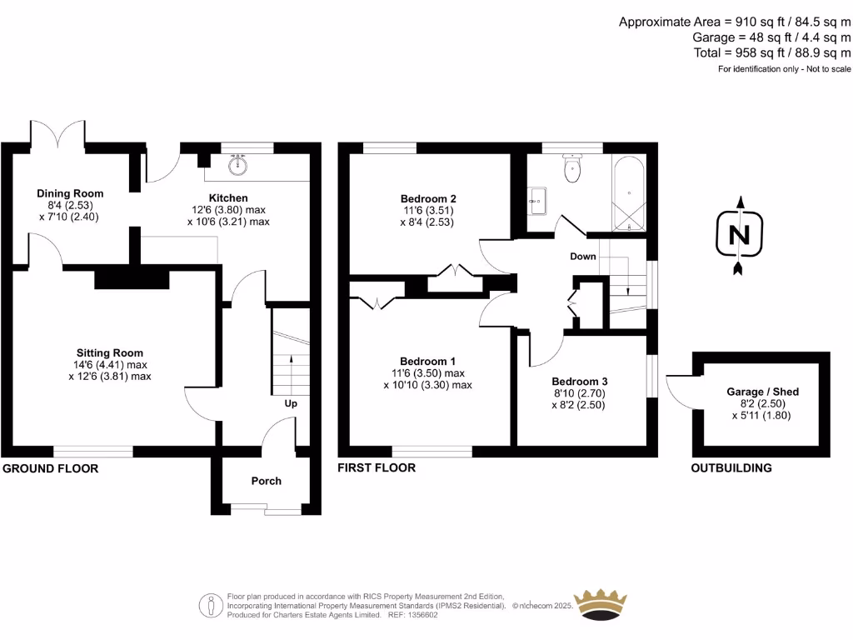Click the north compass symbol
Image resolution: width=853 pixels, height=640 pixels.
(x=738, y=235)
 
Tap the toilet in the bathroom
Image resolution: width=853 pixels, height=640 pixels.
(x=572, y=168)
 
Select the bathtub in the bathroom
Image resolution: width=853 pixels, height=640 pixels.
(x=629, y=192)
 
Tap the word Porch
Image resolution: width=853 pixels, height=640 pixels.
(x=267, y=481)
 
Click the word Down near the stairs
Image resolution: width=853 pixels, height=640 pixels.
(x=583, y=256)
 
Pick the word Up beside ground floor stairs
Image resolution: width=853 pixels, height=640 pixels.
(x=291, y=403)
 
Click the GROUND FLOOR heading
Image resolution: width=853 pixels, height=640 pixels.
(x=51, y=468)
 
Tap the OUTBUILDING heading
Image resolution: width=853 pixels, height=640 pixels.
(x=731, y=468)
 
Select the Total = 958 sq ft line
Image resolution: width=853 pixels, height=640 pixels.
(x=771, y=52)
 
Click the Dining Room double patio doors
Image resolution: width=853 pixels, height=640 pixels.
(x=57, y=136)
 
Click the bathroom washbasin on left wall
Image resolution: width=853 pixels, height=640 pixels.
(x=536, y=199)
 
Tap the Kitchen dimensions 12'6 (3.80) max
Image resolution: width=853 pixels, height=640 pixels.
(x=227, y=210)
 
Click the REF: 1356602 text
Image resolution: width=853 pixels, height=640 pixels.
(x=417, y=614)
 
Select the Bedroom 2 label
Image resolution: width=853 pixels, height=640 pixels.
(x=428, y=198)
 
